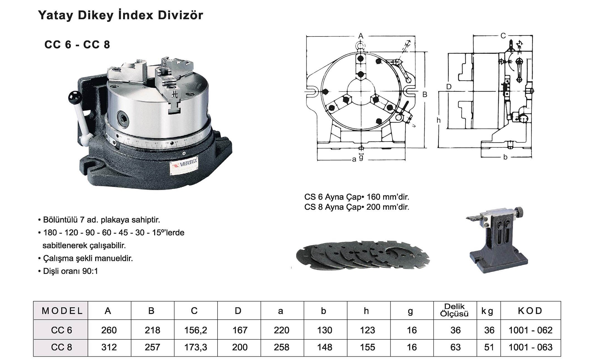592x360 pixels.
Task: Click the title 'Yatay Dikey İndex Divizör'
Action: tap(120, 15)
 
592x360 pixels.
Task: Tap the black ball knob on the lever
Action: tap(74, 97)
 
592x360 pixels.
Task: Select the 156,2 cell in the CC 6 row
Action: tap(196, 330)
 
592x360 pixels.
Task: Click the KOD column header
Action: tap(530, 311)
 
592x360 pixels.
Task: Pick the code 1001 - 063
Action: tap(531, 347)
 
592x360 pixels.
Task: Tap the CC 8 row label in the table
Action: tap(61, 347)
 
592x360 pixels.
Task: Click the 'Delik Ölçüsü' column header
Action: tap(455, 310)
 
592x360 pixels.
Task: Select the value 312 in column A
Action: tap(109, 347)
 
